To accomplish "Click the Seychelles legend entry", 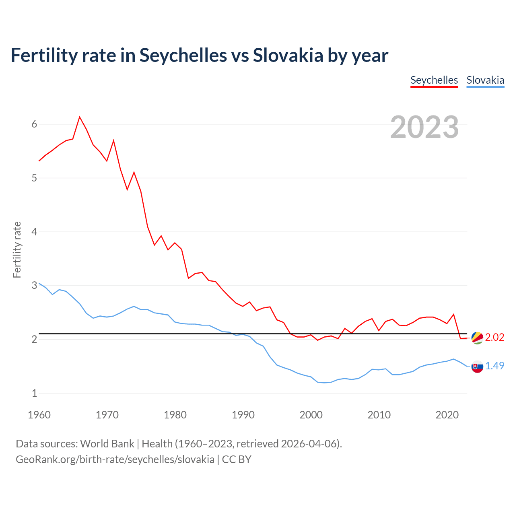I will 434,80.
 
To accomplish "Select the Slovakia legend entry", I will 485,80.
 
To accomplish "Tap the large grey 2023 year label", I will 424,127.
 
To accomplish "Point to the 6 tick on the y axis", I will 34,124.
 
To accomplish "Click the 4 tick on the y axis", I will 34,232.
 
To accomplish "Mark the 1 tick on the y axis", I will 34,393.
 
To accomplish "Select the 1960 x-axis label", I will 39,415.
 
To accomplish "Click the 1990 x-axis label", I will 243,415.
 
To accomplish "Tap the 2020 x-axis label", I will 447,415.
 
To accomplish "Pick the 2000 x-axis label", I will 311,415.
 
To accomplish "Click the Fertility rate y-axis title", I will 17,249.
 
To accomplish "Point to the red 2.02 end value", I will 494,337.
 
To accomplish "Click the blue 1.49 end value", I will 494,366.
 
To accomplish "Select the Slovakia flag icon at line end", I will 477,367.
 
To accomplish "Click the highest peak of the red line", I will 80,117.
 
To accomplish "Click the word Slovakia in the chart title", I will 288,55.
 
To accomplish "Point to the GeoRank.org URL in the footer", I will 115,459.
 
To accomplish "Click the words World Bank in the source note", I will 107,444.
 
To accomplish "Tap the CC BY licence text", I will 237,459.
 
